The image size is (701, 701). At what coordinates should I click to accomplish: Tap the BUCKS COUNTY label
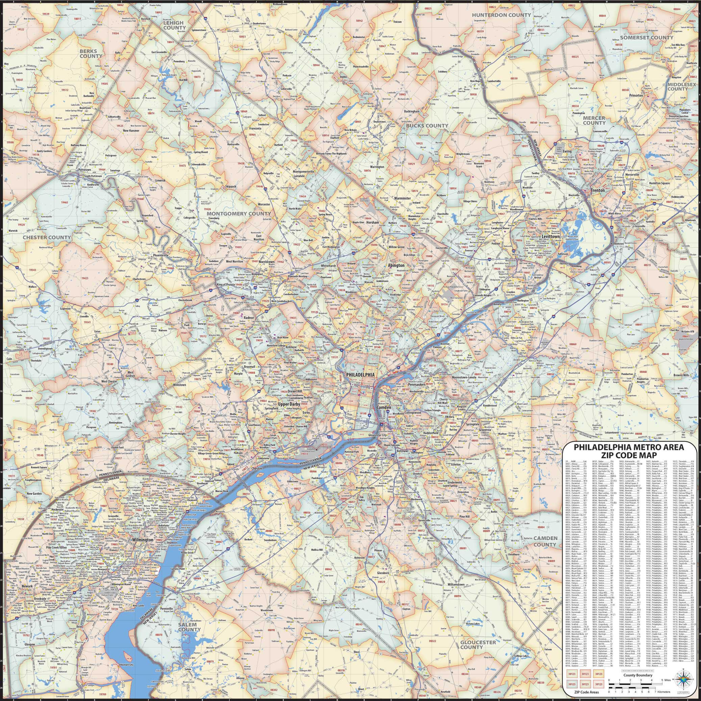pyautogui.click(x=427, y=126)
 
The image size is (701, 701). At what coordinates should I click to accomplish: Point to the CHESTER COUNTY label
pyautogui.click(x=47, y=237)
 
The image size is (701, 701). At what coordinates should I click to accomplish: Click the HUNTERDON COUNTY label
pyautogui.click(x=501, y=15)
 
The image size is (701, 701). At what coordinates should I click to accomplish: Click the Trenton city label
pyautogui.click(x=598, y=190)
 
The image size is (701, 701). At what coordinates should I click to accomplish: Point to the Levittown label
pyautogui.click(x=551, y=236)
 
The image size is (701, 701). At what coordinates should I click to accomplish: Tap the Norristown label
pyautogui.click(x=267, y=261)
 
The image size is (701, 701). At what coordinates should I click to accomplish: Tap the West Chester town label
pyautogui.click(x=109, y=382)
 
